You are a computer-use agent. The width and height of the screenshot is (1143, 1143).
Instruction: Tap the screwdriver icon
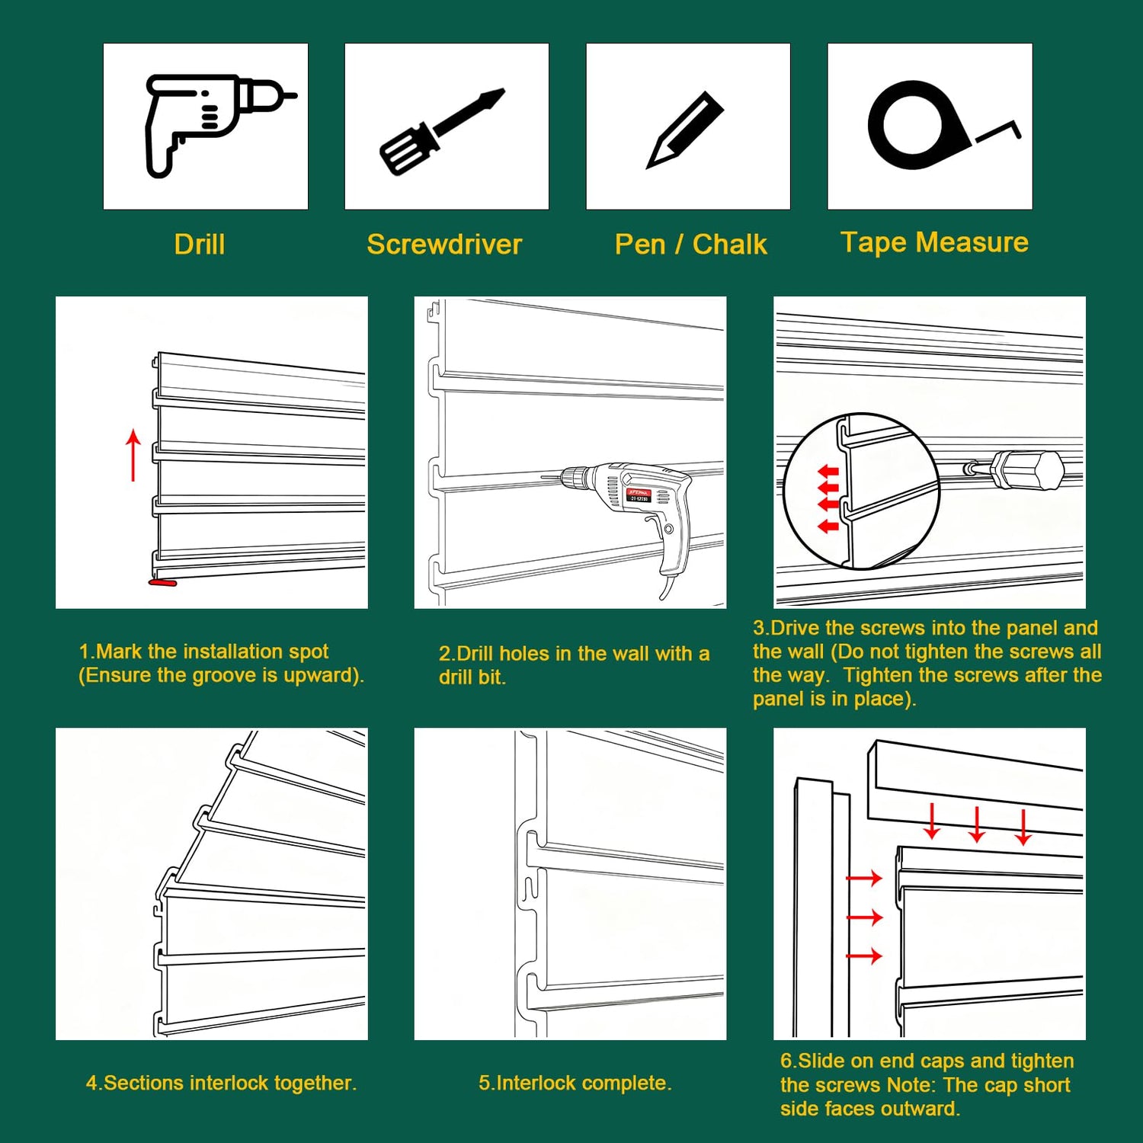442,131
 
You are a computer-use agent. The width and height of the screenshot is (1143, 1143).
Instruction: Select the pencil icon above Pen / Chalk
684,130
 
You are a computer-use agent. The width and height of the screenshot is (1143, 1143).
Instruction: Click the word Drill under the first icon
200,245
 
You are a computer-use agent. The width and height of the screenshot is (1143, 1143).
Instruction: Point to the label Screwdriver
444,245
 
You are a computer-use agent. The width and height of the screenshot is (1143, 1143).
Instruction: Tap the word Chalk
729,245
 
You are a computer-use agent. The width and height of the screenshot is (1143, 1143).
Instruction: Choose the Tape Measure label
934,242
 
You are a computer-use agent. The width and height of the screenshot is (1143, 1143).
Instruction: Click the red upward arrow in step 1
133,455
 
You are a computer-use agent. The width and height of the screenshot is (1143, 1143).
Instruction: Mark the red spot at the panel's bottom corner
162,583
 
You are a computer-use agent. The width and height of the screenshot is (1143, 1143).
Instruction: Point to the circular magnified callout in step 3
861,491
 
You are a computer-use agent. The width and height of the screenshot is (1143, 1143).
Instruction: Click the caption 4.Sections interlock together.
221,1083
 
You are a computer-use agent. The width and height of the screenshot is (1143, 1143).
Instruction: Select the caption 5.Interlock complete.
575,1083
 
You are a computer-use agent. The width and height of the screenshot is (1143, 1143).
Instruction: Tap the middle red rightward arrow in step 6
864,917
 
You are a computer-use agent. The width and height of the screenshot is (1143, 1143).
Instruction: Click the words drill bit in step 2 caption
472,677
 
